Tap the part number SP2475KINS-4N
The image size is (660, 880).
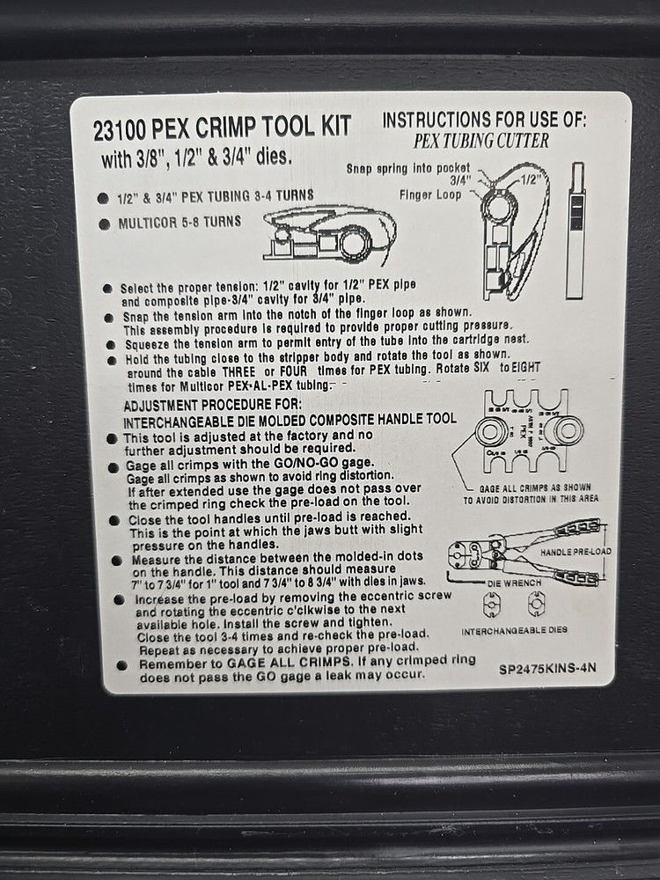(547, 668)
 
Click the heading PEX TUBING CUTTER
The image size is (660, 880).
(481, 141)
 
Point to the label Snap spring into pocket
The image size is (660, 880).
(407, 167)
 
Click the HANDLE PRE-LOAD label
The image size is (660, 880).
(576, 551)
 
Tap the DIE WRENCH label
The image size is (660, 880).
(515, 583)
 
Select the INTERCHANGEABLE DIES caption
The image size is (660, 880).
(515, 631)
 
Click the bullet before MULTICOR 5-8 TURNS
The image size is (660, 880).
(104, 224)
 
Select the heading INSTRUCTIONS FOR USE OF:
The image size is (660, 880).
(484, 121)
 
